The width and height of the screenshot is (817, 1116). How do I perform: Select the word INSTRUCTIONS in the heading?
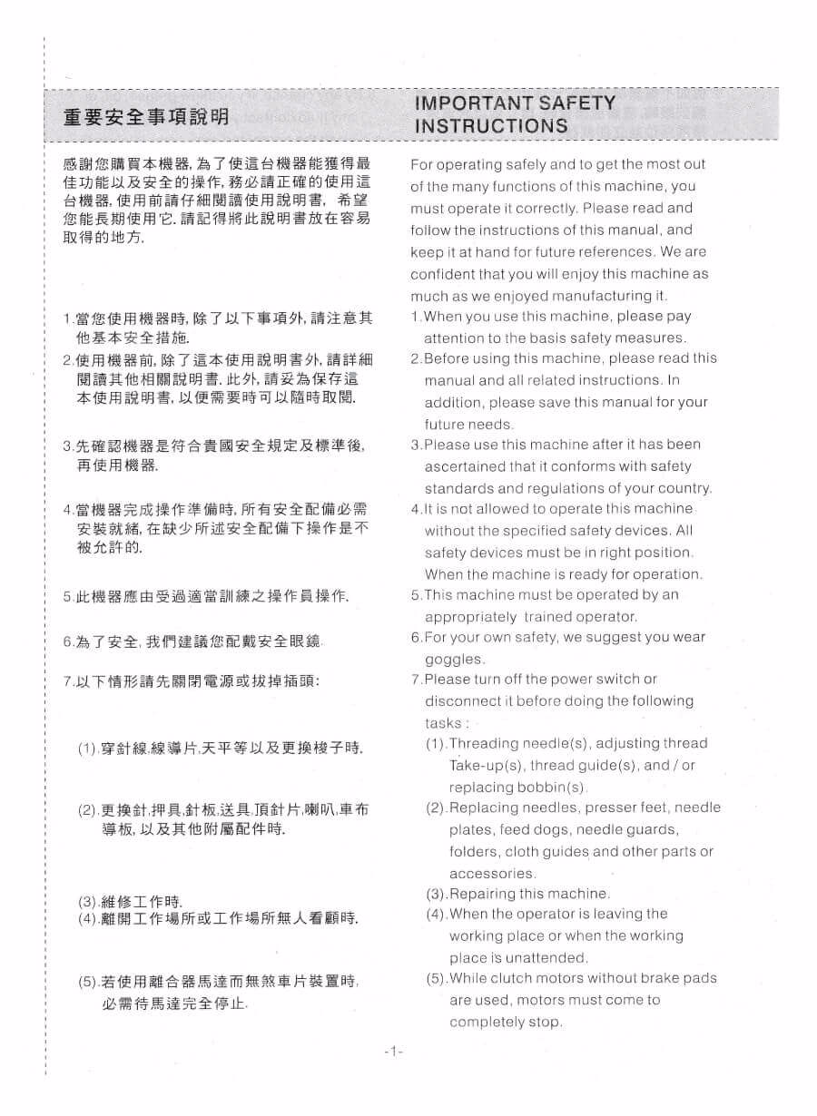pos(491,126)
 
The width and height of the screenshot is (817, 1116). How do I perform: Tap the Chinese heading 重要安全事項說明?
pos(146,116)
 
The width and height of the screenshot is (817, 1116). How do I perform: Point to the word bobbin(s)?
pos(553,787)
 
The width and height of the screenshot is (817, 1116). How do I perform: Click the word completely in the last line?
pos(487,1023)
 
